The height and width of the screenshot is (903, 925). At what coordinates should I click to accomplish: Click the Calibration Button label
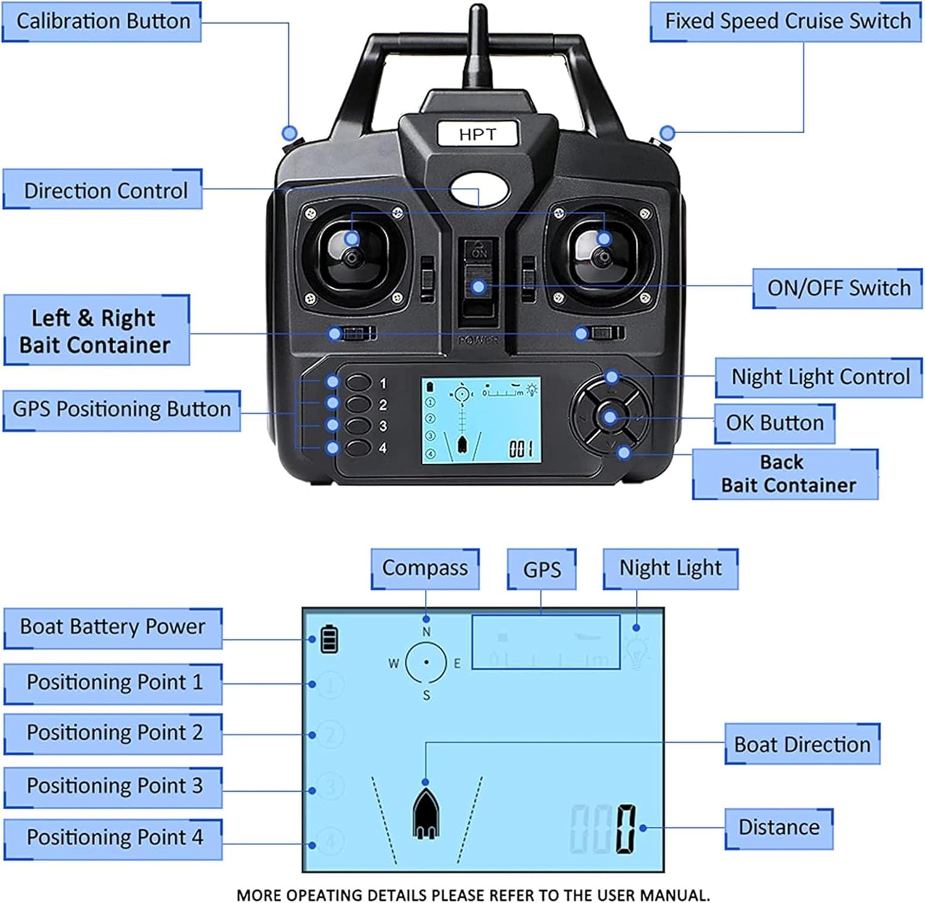[x=102, y=22]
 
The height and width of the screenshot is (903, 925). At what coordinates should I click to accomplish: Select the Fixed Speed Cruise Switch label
[x=786, y=22]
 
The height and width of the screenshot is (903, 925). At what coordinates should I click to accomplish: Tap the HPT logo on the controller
[x=477, y=134]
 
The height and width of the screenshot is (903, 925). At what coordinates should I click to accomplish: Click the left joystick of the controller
[x=351, y=256]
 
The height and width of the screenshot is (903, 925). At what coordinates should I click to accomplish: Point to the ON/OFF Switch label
[x=837, y=288]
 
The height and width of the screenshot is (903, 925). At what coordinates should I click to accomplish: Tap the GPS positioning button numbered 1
[x=358, y=382]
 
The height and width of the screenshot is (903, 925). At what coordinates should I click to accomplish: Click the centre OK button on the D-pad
[x=609, y=418]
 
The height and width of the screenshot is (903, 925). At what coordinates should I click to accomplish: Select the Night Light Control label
[x=820, y=377]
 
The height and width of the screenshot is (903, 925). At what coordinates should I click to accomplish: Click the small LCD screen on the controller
[x=481, y=420]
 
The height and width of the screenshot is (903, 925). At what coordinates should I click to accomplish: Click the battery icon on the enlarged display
[x=329, y=639]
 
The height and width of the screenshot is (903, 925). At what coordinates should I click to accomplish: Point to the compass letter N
[x=426, y=632]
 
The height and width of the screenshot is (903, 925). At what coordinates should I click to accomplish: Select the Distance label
[x=779, y=828]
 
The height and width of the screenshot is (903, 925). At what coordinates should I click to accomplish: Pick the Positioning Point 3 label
[x=114, y=786]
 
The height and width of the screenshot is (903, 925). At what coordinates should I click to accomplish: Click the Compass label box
[x=425, y=568]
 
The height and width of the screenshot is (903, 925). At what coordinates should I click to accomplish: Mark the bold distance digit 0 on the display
[x=625, y=828]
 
